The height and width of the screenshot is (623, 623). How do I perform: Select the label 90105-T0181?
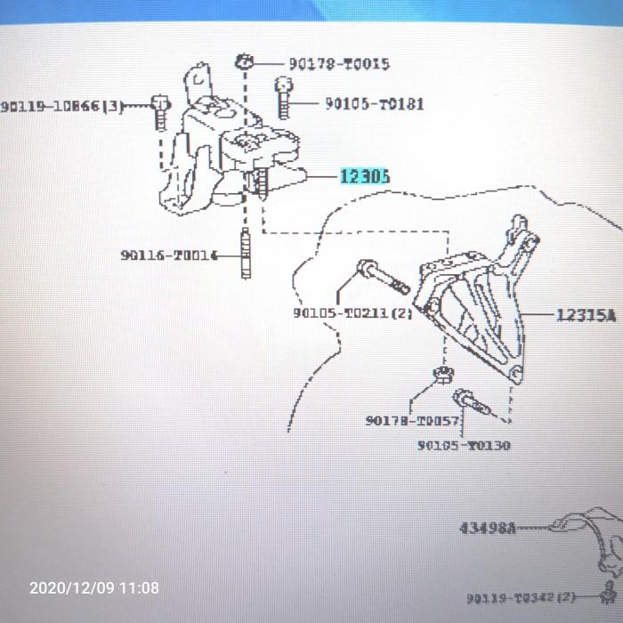[x=374, y=104]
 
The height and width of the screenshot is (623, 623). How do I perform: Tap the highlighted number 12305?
[x=364, y=177]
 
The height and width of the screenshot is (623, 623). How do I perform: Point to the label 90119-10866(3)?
[x=62, y=107]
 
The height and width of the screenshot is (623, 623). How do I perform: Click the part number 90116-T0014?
[x=169, y=255]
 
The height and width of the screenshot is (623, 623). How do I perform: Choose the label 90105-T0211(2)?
[x=352, y=313]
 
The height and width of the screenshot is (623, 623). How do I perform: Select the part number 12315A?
[x=587, y=315]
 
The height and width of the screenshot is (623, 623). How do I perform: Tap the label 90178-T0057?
[x=412, y=421]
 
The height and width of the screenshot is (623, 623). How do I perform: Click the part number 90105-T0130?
[x=464, y=445]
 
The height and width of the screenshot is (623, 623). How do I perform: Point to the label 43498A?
[x=487, y=528]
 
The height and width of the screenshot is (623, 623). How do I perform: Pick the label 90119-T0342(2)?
[x=509, y=597]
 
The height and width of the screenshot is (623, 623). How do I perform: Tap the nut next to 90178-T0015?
[x=245, y=62]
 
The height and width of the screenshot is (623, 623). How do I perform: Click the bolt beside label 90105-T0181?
[x=283, y=98]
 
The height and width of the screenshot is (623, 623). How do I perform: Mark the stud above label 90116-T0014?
[x=246, y=254]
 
